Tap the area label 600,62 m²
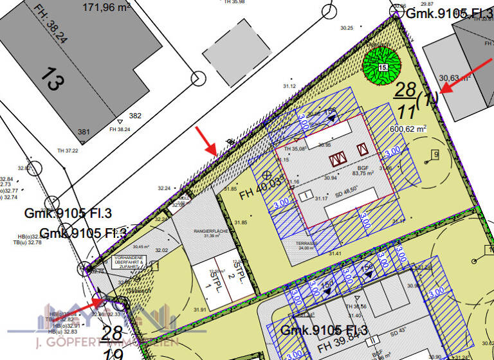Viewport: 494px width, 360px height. coord(408,129)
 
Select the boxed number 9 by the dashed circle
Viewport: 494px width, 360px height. coord(435,154)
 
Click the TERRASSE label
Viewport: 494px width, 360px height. coord(307,245)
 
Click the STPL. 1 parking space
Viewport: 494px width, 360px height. coord(208,281)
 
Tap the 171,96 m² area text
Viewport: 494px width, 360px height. coord(107,8)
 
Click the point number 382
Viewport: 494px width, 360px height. coord(135,116)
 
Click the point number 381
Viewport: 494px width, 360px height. coord(84,132)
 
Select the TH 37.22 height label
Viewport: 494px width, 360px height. coord(67,151)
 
